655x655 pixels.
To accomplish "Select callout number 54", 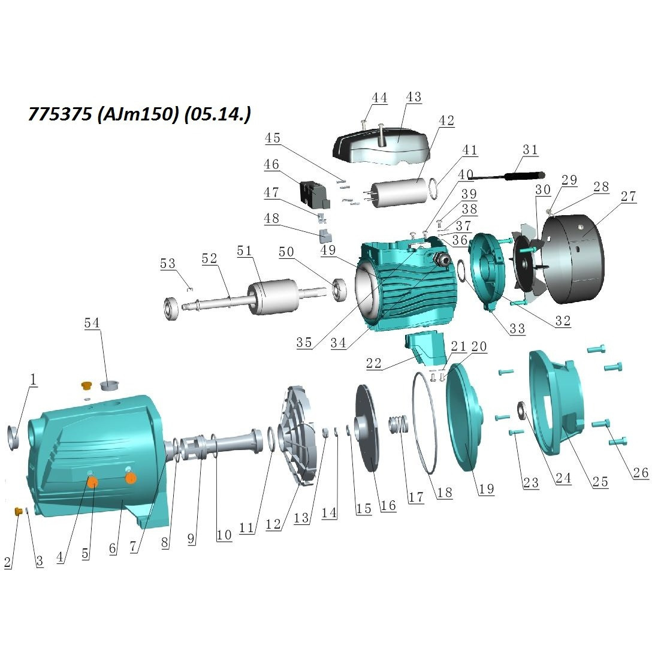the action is [x=92, y=323].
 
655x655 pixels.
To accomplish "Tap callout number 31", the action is [x=530, y=150].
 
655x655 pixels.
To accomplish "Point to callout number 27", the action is [x=628, y=197].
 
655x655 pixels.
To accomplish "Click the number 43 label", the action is [x=413, y=97].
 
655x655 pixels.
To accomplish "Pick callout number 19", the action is [x=486, y=489].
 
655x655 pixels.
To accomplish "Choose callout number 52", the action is [x=209, y=258].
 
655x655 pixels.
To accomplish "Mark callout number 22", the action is [x=374, y=363].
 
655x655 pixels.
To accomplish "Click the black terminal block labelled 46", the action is [x=315, y=195].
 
